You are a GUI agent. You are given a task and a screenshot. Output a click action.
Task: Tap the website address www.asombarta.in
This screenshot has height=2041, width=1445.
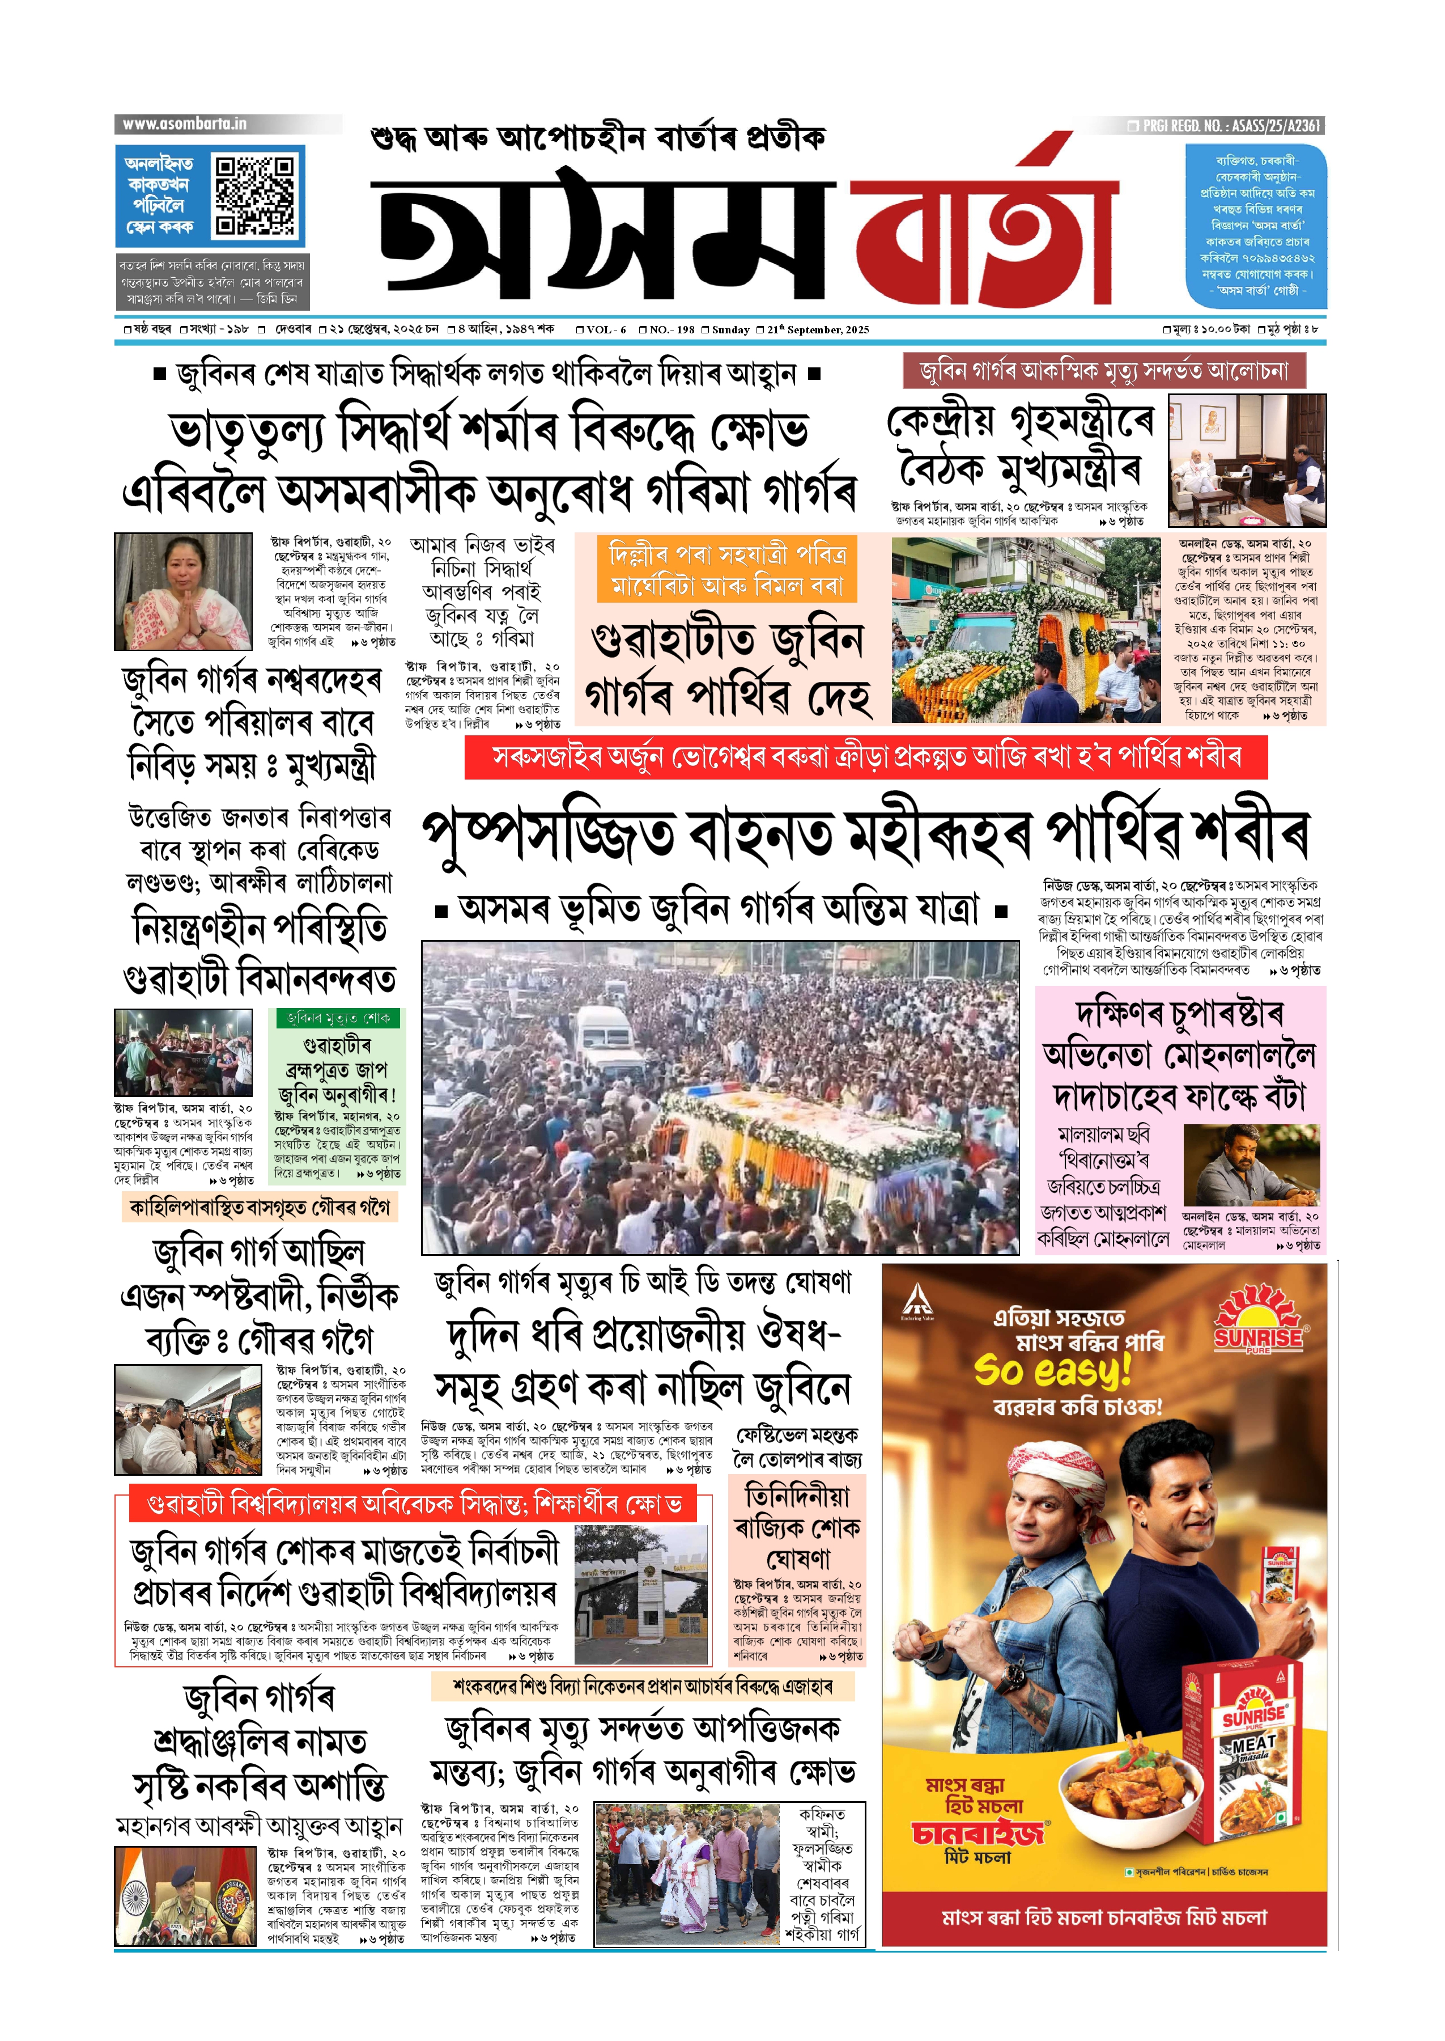[x=184, y=124]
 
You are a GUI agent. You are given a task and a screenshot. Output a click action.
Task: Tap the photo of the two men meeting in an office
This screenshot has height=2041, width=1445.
[x=1247, y=460]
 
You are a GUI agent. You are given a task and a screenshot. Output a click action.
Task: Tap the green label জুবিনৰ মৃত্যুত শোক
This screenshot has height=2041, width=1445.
[x=337, y=1018]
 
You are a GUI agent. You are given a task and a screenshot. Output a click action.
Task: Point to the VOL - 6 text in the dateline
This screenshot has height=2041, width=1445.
[x=606, y=329]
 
